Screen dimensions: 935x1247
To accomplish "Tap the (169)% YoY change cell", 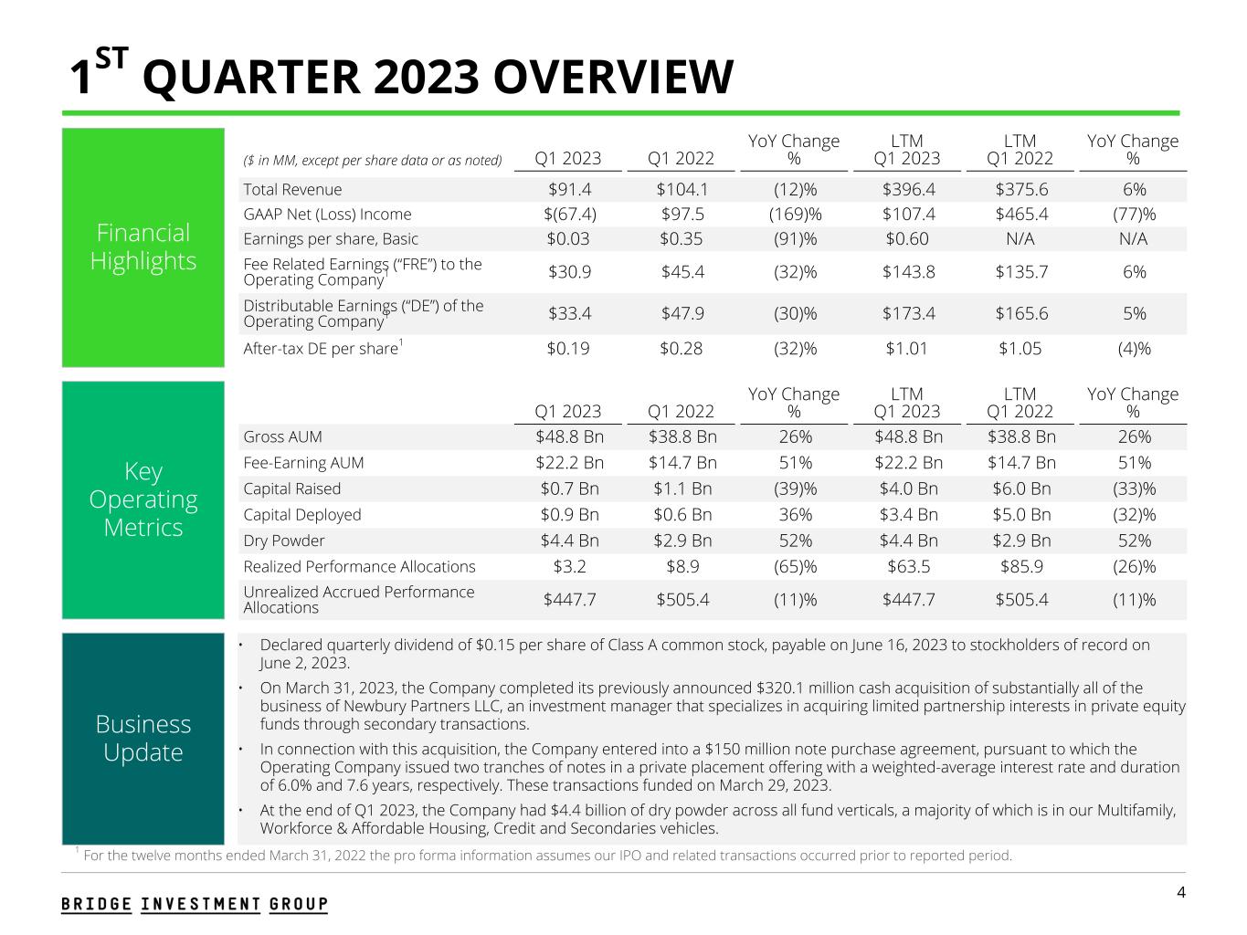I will pos(793,215).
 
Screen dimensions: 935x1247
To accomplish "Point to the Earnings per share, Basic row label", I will pos(331,239).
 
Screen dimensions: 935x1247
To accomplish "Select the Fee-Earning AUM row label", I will pos(303,463).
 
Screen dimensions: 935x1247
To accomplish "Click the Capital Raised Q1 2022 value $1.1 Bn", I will pos(681,489).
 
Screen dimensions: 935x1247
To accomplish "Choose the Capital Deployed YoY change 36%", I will pos(793,514).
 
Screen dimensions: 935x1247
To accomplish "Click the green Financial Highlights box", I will pos(143,247).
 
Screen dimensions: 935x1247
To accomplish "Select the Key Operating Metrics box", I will pos(143,499).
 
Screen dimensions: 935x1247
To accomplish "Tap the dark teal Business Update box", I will pos(143,738).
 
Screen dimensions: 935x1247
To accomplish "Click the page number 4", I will pos(1181,892).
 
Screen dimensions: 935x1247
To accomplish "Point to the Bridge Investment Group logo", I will pos(195,904).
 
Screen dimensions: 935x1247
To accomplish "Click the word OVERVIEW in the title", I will pos(613,77).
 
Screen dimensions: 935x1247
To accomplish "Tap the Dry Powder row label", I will pos(284,541).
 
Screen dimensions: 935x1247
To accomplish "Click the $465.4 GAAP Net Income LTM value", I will pos(1020,215).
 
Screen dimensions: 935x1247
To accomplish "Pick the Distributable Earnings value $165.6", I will pos(1020,314).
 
